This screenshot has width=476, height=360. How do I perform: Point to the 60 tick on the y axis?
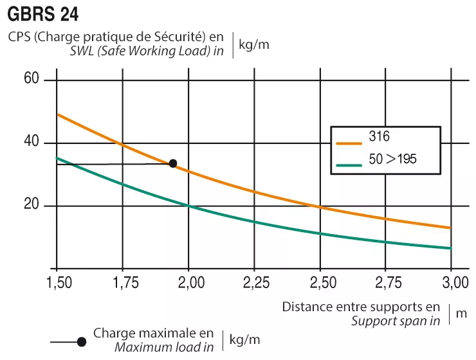tap(32, 79)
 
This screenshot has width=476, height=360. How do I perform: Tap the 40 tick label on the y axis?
tap(32, 142)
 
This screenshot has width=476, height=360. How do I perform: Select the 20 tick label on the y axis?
tap(32, 205)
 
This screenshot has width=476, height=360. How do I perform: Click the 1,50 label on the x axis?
tap(58, 283)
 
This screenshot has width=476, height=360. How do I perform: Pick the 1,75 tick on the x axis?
tap(124, 283)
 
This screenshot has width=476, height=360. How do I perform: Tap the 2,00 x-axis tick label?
tap(189, 283)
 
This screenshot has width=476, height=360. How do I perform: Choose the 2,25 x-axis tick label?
tap(255, 283)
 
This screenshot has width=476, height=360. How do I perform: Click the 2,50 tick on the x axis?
tap(320, 283)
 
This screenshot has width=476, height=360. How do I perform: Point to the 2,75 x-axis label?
tap(386, 283)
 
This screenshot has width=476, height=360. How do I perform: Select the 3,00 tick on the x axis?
tap(451, 283)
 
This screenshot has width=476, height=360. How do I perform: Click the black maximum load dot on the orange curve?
tap(172, 163)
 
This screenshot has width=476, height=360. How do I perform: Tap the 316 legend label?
tap(380, 136)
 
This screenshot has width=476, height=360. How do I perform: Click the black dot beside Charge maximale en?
tap(82, 342)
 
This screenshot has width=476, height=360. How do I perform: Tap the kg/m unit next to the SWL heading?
tap(253, 45)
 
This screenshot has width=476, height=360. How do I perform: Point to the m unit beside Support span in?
tap(461, 313)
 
